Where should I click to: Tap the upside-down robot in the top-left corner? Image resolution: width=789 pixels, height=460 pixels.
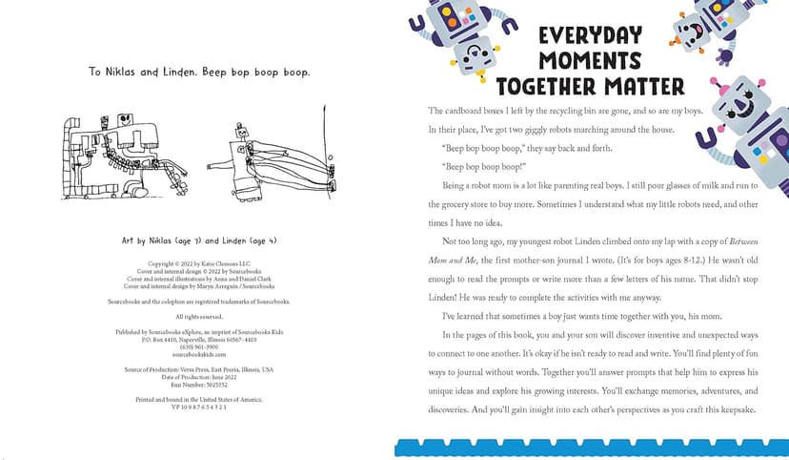point(448,29)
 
